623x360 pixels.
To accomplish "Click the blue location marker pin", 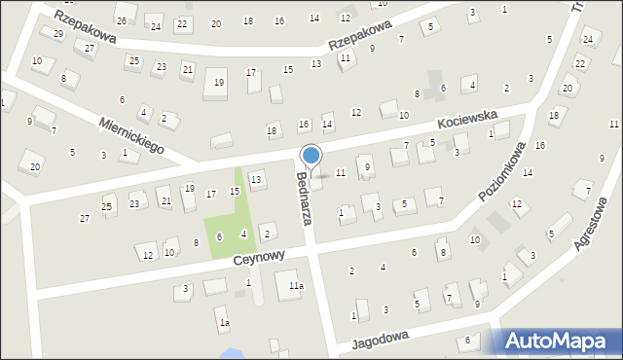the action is [x=311, y=156].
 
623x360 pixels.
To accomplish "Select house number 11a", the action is [x=295, y=285].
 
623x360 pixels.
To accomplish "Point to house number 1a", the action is [x=224, y=322].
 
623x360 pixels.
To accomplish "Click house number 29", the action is [x=58, y=34].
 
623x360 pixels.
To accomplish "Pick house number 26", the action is [x=121, y=20].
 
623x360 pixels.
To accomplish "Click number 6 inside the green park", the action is [x=219, y=236].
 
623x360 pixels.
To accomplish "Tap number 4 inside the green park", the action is [x=242, y=234].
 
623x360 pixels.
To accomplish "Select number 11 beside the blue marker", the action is [x=340, y=172].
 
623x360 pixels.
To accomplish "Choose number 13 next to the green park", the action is [x=255, y=179].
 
